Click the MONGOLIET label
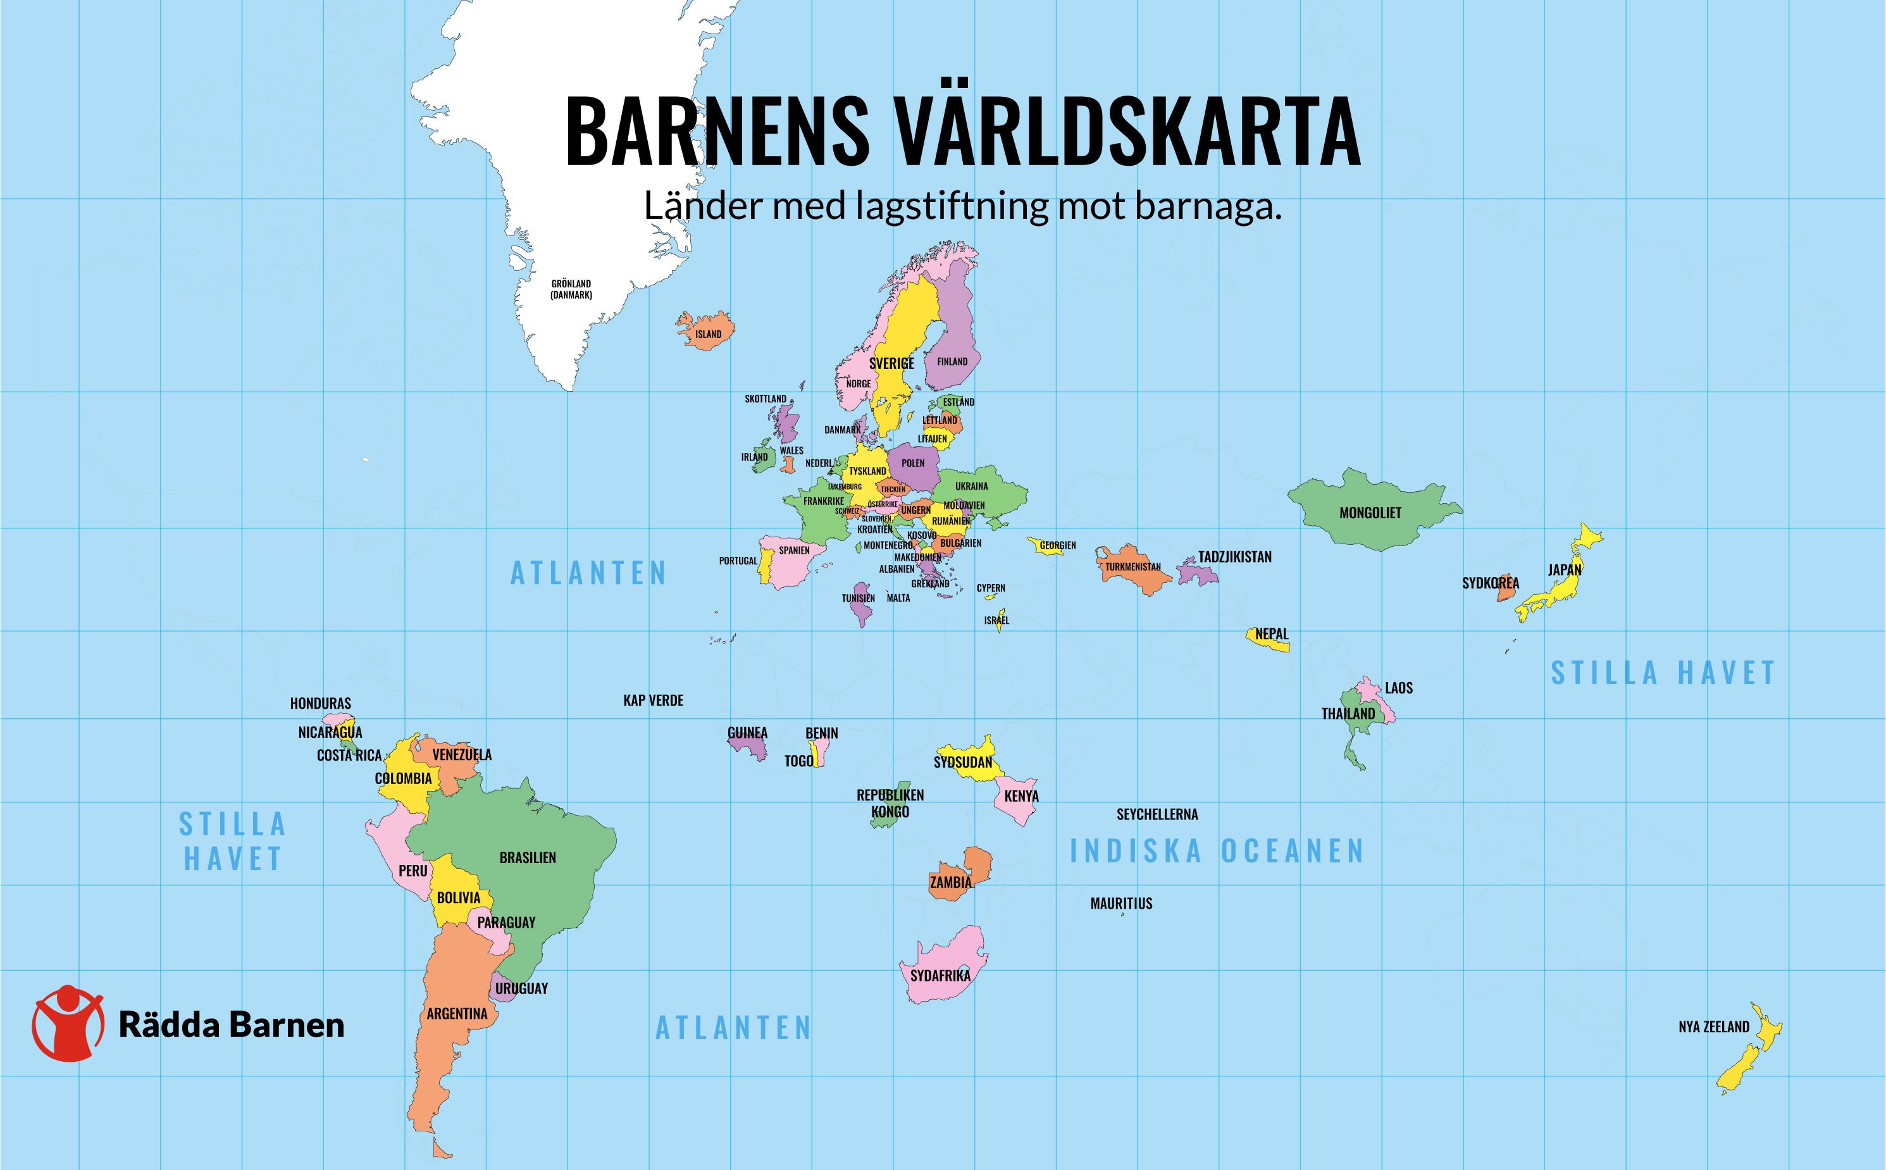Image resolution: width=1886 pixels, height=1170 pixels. click(x=1370, y=513)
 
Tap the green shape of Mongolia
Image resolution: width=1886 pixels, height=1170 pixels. click(x=1362, y=534)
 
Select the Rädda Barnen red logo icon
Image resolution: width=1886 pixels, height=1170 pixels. click(x=68, y=1023)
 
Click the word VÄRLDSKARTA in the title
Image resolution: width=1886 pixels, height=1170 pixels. click(x=1129, y=133)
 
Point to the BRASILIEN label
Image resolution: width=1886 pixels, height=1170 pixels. click(x=528, y=857)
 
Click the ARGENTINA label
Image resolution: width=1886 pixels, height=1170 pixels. click(x=457, y=1013)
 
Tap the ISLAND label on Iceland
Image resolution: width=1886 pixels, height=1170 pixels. click(x=708, y=334)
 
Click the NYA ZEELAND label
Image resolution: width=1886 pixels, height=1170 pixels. click(x=1713, y=1027)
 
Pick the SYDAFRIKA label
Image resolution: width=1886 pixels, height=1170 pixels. click(x=940, y=976)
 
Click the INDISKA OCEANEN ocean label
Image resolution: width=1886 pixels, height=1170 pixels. click(x=1216, y=851)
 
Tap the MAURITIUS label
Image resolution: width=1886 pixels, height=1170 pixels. click(x=1121, y=903)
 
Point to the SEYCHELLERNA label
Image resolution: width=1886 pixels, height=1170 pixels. click(x=1157, y=814)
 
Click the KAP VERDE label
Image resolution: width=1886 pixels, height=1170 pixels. click(x=653, y=701)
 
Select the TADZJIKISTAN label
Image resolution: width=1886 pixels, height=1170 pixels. click(x=1234, y=556)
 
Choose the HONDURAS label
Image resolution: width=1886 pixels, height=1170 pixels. click(x=320, y=704)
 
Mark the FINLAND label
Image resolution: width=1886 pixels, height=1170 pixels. click(x=952, y=361)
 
